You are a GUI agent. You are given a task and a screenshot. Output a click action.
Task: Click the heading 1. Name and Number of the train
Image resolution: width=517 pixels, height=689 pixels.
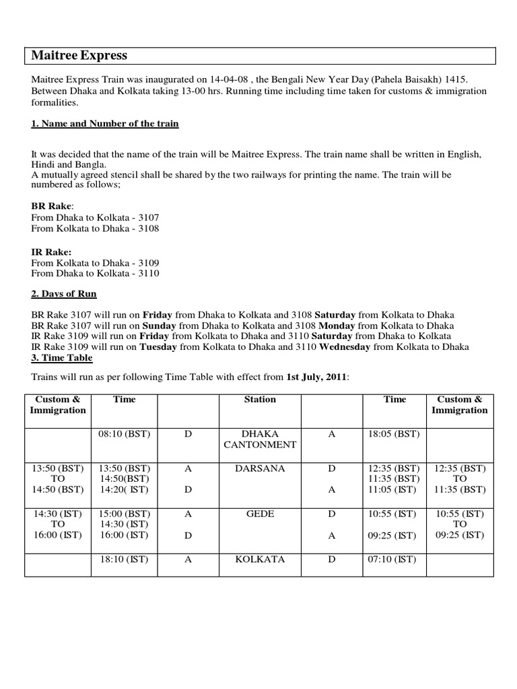(x=105, y=124)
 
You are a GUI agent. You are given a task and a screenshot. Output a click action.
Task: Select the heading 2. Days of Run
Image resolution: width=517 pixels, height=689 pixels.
(x=64, y=295)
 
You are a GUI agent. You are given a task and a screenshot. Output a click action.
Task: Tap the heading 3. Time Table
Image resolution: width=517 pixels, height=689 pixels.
(x=63, y=359)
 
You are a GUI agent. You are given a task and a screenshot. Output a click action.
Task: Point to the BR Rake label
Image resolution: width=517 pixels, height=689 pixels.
(x=52, y=206)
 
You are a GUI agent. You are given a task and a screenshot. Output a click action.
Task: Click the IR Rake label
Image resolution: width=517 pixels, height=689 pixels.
(x=51, y=252)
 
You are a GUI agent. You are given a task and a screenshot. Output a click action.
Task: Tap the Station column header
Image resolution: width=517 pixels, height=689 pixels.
(x=260, y=400)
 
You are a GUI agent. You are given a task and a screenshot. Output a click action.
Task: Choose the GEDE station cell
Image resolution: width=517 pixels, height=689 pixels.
(x=260, y=513)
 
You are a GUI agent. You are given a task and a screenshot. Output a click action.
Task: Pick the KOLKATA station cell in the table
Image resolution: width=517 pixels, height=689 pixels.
(x=260, y=559)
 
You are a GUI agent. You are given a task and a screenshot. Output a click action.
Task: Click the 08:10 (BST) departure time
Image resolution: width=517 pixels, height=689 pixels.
(x=124, y=435)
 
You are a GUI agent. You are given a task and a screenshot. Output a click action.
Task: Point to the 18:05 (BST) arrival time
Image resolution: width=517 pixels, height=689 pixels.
(x=395, y=435)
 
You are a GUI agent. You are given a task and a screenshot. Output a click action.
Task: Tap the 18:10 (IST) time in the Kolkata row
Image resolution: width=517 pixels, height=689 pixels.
(x=124, y=559)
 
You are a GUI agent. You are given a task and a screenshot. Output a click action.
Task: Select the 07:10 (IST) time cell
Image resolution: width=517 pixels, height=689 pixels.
(x=394, y=559)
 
